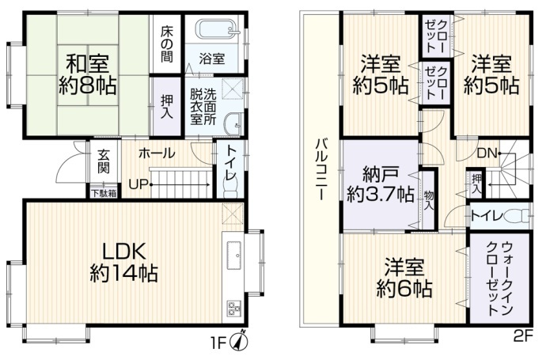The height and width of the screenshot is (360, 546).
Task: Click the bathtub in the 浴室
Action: [218, 28]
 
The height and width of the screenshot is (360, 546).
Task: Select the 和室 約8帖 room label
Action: [87, 74]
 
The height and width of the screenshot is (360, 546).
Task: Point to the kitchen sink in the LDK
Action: [233, 255]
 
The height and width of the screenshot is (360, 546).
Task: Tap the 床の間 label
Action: [167, 44]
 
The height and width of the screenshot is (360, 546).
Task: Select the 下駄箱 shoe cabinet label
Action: [104, 193]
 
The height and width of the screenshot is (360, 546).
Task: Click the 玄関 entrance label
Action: [104, 161]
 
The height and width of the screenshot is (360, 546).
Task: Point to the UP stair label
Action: [139, 184]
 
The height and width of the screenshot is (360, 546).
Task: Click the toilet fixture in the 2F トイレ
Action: [516, 216]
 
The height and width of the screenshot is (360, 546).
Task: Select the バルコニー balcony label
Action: [321, 169]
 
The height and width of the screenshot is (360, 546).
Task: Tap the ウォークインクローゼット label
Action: [499, 279]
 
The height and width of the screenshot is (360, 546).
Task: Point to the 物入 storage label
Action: [429, 200]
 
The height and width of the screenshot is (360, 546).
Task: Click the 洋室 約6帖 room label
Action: [404, 278]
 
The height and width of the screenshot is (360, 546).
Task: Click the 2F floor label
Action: [524, 336]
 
